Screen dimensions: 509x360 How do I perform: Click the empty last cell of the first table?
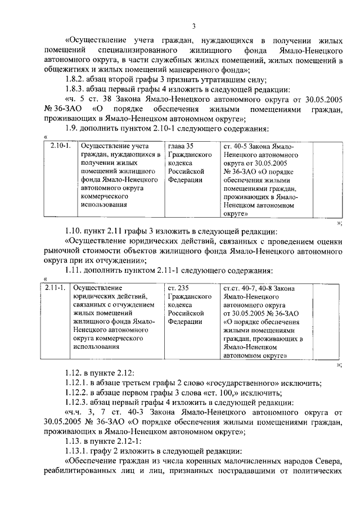coord(327,180)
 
